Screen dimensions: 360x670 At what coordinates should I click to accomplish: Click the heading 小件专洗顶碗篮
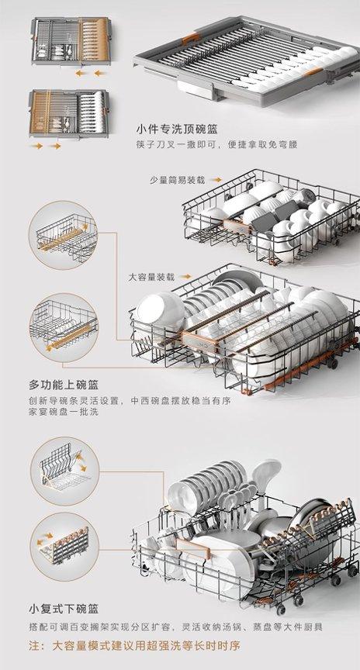177,129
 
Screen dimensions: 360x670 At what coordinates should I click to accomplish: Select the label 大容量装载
152,277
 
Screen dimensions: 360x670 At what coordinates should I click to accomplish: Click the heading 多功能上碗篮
64,385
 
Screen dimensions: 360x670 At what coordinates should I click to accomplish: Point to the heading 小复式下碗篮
64,608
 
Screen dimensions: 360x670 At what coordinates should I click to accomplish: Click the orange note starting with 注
134,644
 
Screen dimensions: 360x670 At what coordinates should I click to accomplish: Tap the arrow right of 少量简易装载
216,180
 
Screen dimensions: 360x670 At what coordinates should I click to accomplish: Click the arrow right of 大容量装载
185,277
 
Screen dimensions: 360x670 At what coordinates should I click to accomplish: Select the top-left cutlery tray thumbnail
71,41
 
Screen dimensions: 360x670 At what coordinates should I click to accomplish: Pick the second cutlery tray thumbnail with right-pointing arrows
69,114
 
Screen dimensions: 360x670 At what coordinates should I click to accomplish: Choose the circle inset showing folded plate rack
64,471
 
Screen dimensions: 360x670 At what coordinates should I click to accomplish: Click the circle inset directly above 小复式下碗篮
64,547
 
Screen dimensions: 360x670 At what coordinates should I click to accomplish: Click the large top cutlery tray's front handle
195,89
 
